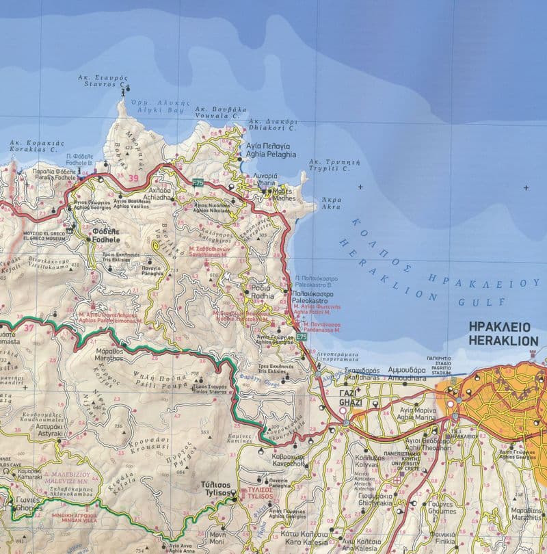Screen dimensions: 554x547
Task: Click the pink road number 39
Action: tap(133, 179)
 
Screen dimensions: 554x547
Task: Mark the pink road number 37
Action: tap(29, 328)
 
